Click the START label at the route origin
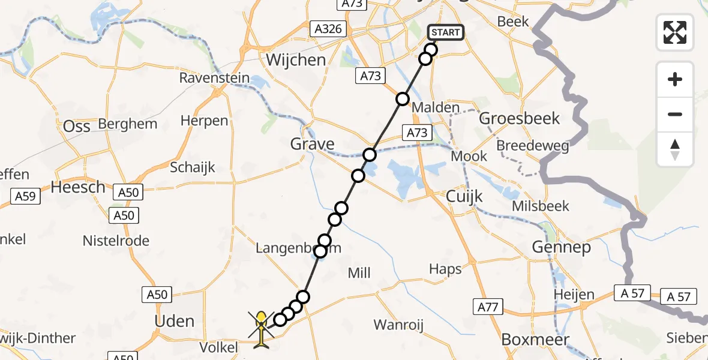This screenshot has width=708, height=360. (445, 32)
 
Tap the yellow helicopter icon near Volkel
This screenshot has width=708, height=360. (262, 327)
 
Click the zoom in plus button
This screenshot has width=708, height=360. (675, 80)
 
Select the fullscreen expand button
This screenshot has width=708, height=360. (675, 32)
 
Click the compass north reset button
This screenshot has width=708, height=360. (675, 149)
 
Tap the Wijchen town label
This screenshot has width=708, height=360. (296, 60)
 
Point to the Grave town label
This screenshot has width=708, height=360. (312, 144)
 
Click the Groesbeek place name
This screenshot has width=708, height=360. (520, 118)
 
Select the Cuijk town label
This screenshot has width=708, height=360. (464, 196)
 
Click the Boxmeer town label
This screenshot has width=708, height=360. (526, 339)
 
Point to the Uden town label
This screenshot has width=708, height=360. (175, 321)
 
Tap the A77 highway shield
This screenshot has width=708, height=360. (488, 307)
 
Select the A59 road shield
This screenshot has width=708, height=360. (25, 196)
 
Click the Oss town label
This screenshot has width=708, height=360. (77, 126)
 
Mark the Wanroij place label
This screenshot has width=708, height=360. (398, 325)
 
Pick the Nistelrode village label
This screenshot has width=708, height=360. (116, 241)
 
